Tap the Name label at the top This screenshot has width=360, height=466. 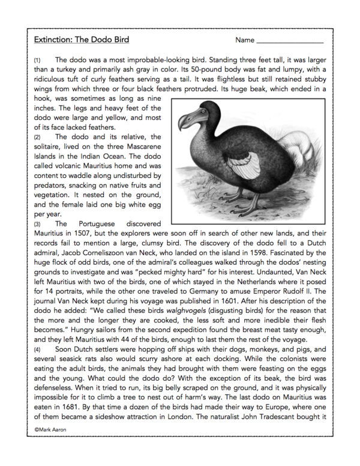(x=245, y=40)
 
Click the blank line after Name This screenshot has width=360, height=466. (x=290, y=43)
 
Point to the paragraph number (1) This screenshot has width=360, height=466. (x=37, y=61)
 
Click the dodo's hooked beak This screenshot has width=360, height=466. (x=186, y=121)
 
